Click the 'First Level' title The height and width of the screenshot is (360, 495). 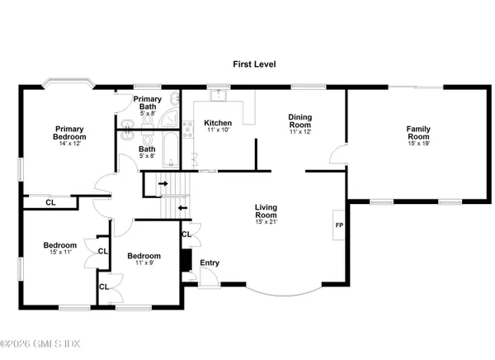[x=253, y=63]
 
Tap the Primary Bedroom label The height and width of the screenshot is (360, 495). [x=71, y=133]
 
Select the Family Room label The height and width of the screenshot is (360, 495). [x=417, y=133]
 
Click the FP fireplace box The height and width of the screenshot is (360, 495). [x=338, y=225]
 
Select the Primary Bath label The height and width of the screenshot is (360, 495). [x=148, y=103]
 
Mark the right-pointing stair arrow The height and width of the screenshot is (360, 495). [x=163, y=183]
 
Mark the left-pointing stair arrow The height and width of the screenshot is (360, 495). [x=182, y=207]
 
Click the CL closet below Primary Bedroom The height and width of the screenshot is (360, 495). [x=50, y=201]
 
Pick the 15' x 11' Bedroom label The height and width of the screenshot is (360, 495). [x=60, y=245]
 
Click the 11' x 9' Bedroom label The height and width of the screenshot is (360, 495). [x=143, y=257]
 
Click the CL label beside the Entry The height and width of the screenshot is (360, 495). [x=186, y=234]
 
